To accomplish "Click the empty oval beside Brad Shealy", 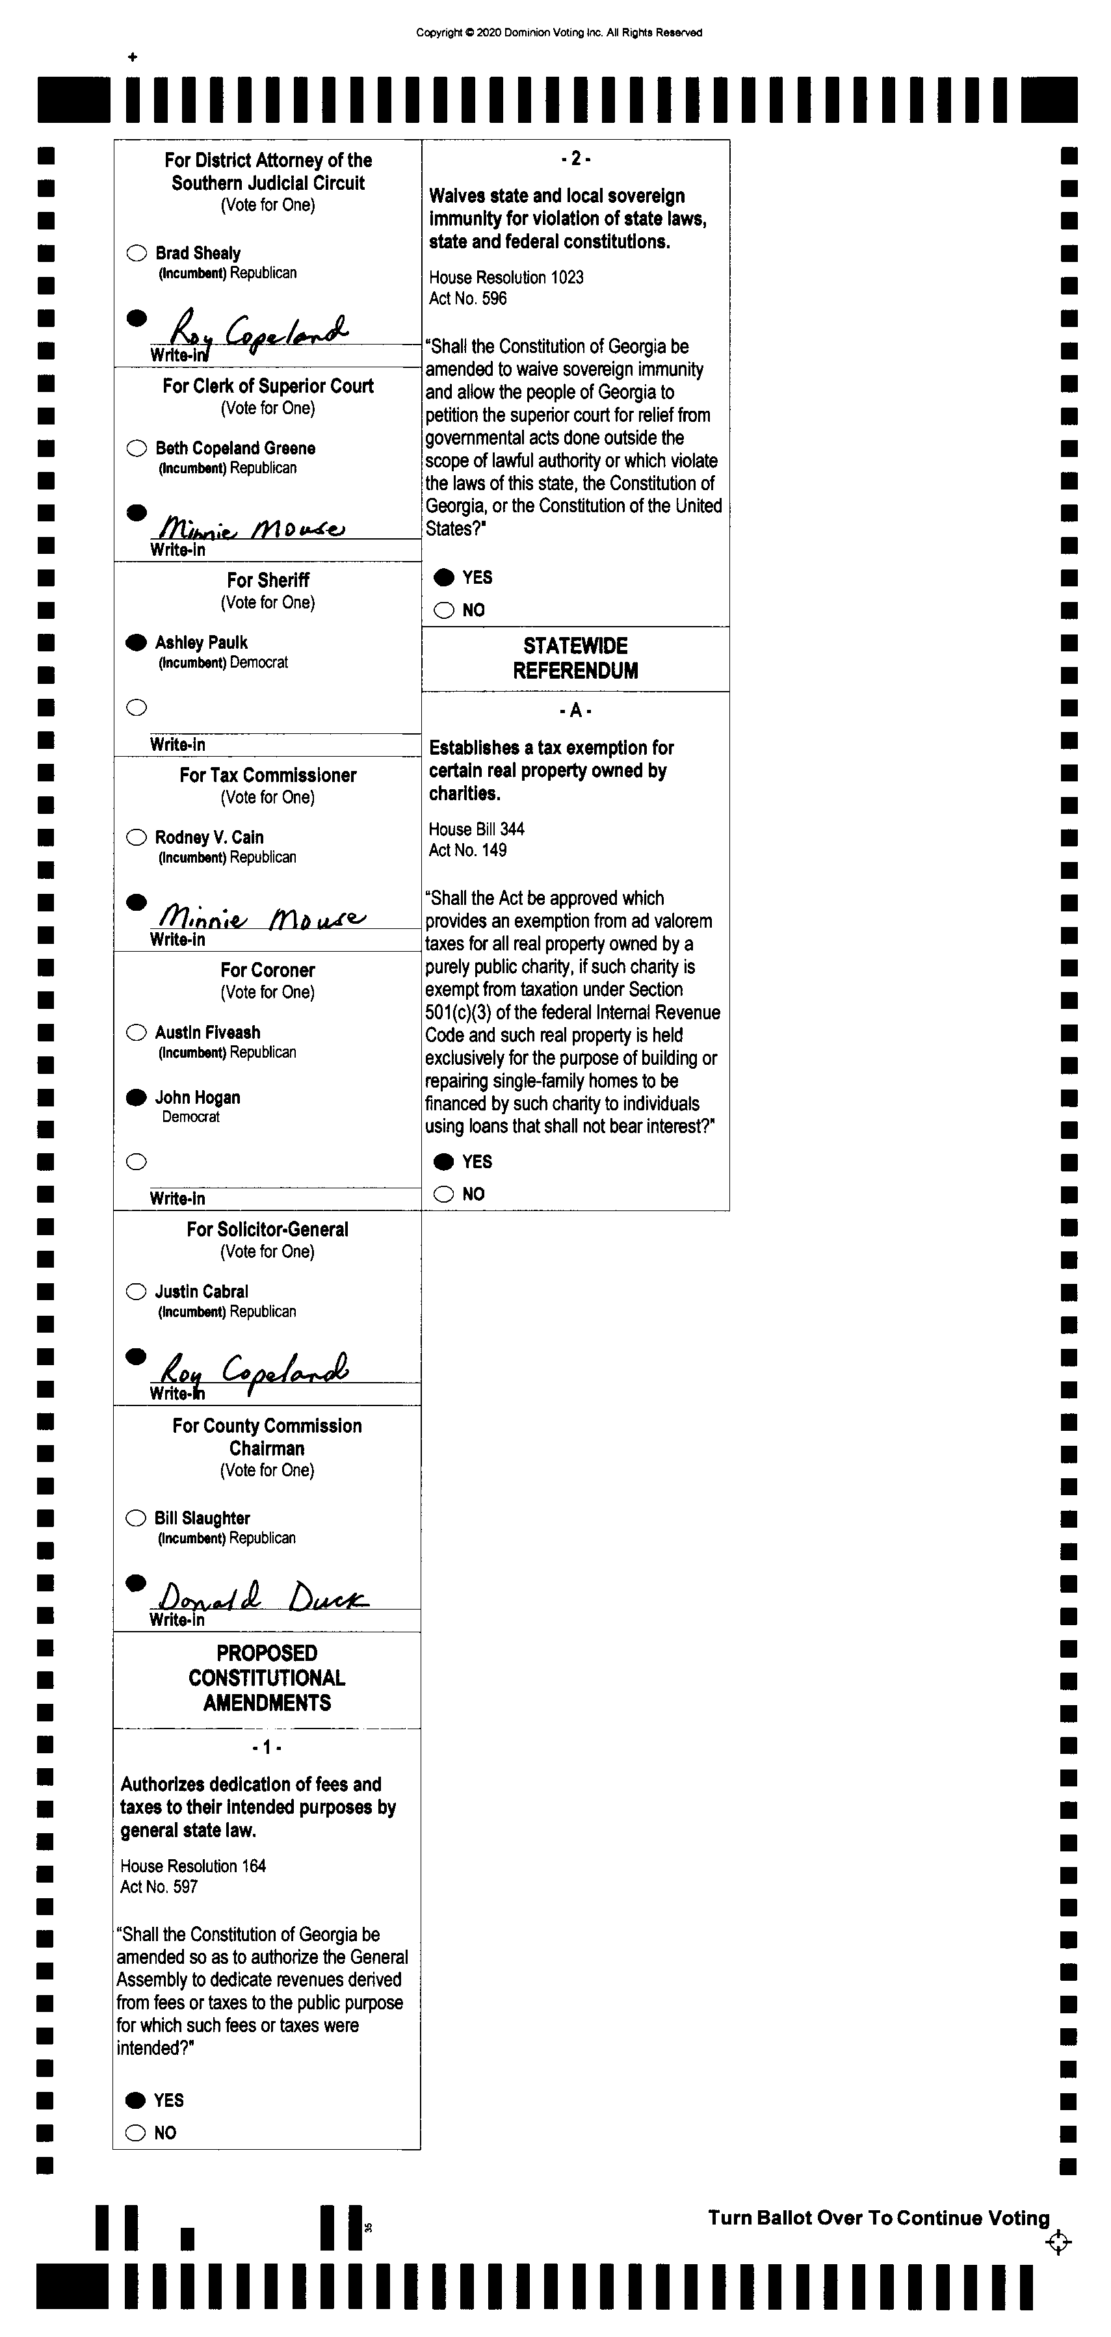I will pos(136,253).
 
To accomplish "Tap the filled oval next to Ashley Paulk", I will pos(136,642).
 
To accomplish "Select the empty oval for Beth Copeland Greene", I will pos(136,448).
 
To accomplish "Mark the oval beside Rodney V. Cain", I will pos(136,837).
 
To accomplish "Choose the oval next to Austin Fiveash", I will pos(136,1032).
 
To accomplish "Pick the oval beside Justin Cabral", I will pos(136,1292).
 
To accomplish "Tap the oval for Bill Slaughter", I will pos(136,1519).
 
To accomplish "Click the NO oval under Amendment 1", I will pos(136,2133).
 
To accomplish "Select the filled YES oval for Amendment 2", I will pos(443,578).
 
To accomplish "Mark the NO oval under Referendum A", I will pos(443,1194).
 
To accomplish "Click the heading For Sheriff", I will pos(268,581).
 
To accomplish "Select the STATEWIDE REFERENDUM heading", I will pos(575,659).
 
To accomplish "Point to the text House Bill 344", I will pos(476,829).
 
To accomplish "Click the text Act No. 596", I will pos(468,298).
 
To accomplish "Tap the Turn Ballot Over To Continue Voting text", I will pos(878,2218).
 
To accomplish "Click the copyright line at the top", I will pos(558,33).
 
